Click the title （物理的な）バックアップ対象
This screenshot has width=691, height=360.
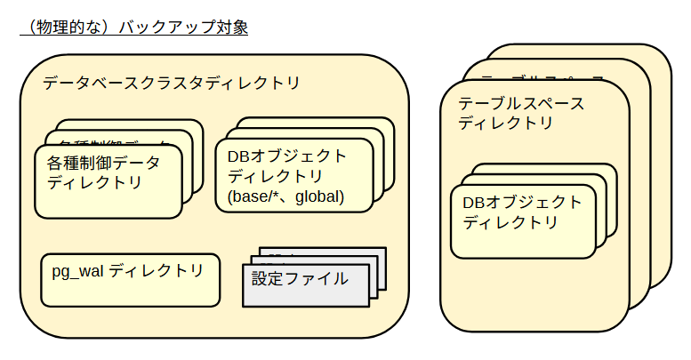tap(133, 26)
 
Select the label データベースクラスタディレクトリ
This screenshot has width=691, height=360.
tap(171, 83)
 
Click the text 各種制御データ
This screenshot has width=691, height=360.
tap(104, 164)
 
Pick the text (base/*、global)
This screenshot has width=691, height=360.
tap(285, 196)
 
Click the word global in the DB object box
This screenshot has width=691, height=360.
tap(319, 196)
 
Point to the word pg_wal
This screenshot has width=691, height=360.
tap(77, 271)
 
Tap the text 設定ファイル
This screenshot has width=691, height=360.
tap(300, 278)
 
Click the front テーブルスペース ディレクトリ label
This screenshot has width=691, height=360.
tap(521, 114)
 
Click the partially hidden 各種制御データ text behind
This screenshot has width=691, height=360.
tap(116, 142)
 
